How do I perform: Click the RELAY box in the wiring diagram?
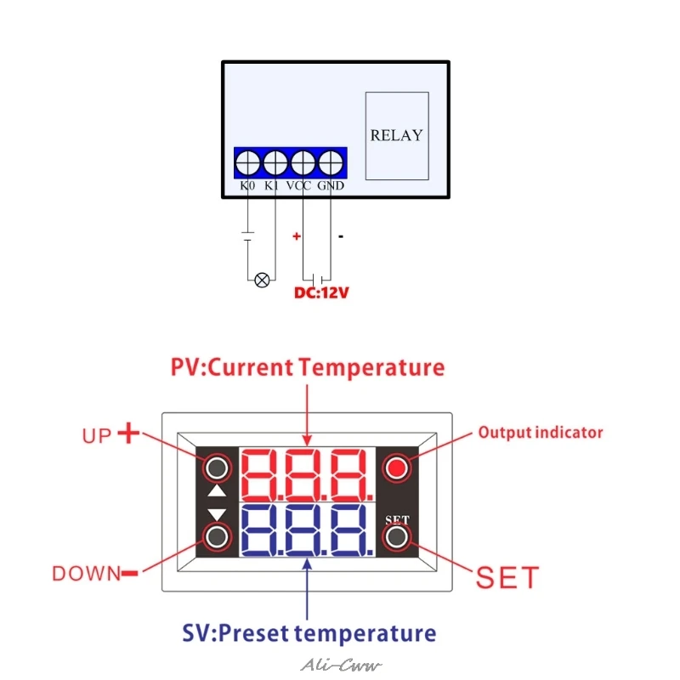click(x=396, y=134)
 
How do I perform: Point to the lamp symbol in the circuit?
click(x=262, y=280)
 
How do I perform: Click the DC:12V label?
click(x=321, y=293)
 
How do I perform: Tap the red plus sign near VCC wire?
click(x=297, y=236)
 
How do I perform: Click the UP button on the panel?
click(x=218, y=467)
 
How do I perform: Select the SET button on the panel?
click(x=396, y=537)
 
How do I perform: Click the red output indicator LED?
click(x=396, y=467)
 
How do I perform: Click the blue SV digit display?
click(x=306, y=531)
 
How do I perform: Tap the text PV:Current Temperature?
click(x=308, y=368)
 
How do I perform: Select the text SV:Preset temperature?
click(x=309, y=633)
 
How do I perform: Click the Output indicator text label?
click(x=540, y=432)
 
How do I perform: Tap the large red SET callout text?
click(x=507, y=578)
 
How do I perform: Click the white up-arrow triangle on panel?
click(x=218, y=491)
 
